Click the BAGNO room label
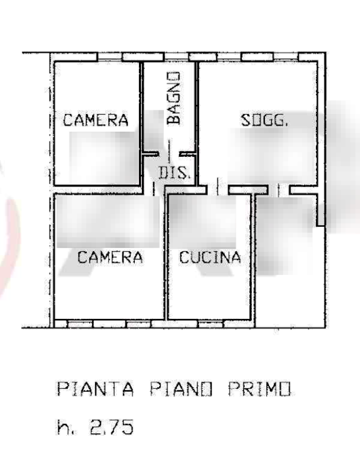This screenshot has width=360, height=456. (x=173, y=98)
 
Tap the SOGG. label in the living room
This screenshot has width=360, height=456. (x=264, y=120)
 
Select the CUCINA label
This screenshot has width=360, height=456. (x=210, y=257)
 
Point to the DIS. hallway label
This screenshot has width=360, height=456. (x=174, y=173)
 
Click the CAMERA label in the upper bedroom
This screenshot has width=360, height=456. (x=96, y=120)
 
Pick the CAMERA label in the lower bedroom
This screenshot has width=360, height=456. (x=110, y=257)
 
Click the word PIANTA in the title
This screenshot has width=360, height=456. (x=96, y=389)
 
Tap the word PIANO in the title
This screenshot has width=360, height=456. (x=182, y=389)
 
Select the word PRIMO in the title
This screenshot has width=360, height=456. (x=259, y=389)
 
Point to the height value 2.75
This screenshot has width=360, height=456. (x=112, y=427)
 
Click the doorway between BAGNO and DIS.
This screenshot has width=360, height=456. (x=169, y=154)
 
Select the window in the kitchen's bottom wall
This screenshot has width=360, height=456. (x=211, y=324)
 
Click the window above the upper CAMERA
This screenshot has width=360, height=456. (x=110, y=57)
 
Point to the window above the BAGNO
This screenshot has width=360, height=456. (x=176, y=57)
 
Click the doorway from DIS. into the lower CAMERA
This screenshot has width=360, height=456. (x=154, y=190)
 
